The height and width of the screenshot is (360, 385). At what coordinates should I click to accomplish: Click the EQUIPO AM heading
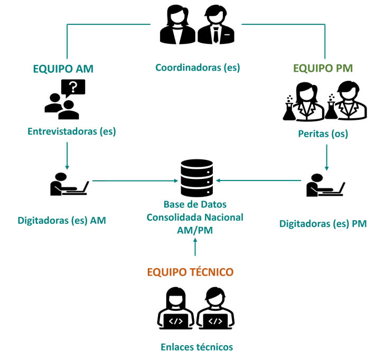pos(67,69)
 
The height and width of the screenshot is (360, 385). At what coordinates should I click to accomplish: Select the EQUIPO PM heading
pos(323,69)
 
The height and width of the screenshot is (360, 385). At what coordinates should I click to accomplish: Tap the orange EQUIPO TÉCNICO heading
pos(190,272)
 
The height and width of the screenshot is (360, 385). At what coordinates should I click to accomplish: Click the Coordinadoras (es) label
pos(198,68)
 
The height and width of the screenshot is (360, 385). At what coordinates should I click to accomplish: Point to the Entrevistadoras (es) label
pos(72,131)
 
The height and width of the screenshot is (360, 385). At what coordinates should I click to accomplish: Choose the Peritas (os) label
pos(323,134)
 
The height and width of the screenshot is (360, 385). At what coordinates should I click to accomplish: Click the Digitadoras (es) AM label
pos(62,221)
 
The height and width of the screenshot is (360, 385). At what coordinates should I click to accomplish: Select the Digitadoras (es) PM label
pos(323,224)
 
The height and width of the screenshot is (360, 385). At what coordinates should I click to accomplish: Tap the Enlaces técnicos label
pos(196,347)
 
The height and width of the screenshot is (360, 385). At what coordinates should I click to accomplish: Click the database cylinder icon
pos(196,178)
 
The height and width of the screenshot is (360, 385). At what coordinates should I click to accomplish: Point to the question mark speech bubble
pos(73,87)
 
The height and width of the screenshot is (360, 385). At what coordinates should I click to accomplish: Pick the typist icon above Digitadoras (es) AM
pos(68,184)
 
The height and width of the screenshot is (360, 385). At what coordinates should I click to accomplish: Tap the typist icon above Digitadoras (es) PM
pos(325,185)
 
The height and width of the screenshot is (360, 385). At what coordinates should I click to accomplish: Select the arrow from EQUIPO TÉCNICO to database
pos(196,248)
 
